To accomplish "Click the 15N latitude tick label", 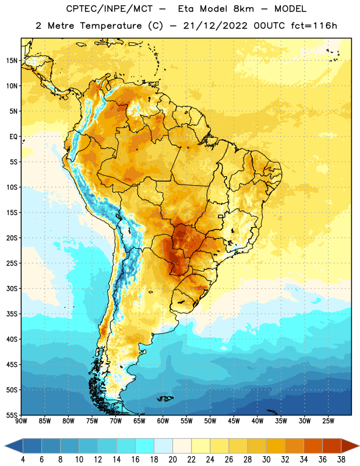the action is (12, 61).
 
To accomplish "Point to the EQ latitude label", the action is (13, 137).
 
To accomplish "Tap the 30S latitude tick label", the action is (12, 288).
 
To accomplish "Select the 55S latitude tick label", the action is (12, 415).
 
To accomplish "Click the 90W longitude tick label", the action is (21, 421).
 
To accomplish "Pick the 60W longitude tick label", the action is (163, 421).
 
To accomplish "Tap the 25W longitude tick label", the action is (328, 421).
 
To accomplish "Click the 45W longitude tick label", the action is (234, 421).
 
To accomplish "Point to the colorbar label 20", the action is (172, 460).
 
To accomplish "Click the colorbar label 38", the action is (341, 460).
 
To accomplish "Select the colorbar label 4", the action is (23, 460).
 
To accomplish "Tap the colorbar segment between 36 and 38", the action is (332, 446).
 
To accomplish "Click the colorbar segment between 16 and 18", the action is (145, 446).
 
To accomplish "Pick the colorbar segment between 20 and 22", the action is (182, 446).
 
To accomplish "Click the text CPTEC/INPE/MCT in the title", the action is (109, 9).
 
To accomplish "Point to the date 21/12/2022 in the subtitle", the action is (215, 26).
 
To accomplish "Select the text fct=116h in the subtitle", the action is (314, 26).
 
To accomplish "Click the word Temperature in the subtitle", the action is (111, 26).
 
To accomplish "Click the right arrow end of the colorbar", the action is (350, 446).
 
